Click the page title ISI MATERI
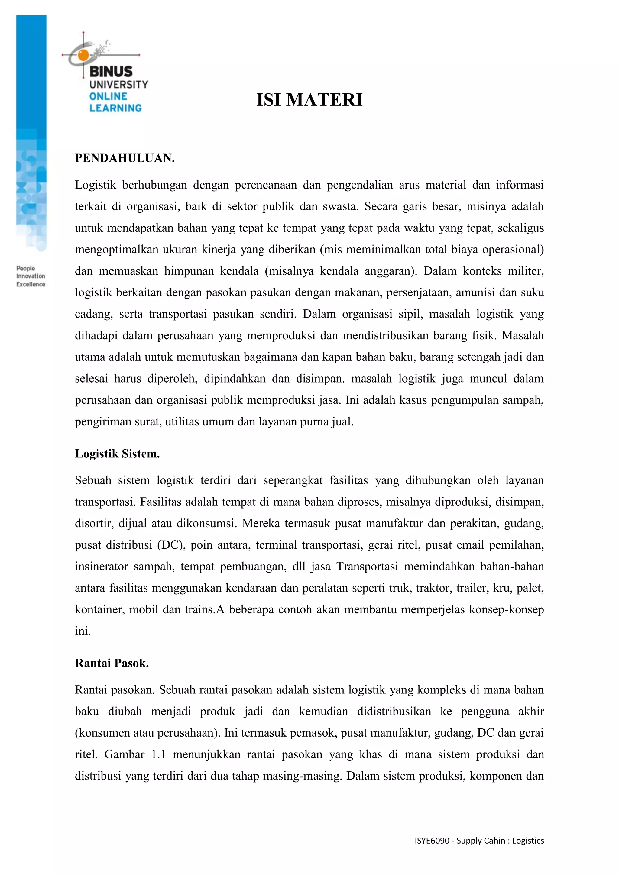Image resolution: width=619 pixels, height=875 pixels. point(309,100)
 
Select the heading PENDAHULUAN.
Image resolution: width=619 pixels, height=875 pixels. point(125,158)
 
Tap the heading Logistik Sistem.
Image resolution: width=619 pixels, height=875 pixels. point(117,454)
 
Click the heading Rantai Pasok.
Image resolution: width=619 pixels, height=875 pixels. point(112,663)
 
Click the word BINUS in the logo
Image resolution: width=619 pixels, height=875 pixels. point(111,72)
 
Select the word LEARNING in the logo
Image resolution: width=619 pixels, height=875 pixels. point(115,108)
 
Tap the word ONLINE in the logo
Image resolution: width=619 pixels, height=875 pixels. point(108,96)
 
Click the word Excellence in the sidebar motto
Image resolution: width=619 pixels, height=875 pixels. point(31,284)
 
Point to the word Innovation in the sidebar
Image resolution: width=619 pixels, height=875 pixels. point(31,276)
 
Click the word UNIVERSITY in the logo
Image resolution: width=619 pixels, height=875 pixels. point(118,85)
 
